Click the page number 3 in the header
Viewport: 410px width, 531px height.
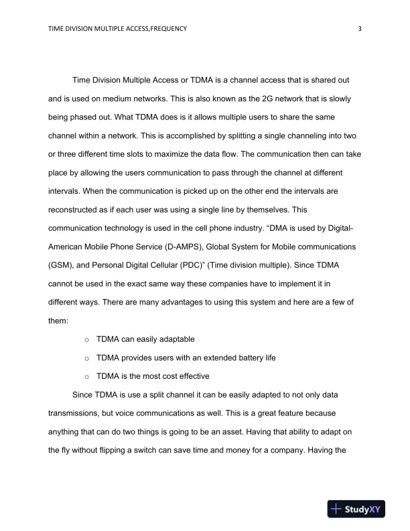click(x=360, y=28)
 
